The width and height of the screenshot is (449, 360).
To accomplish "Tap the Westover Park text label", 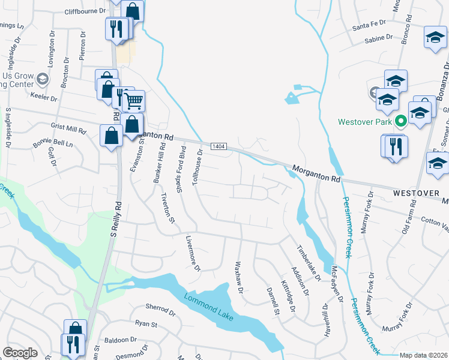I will (x=364, y=121).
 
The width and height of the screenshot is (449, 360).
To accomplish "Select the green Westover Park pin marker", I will (x=402, y=122).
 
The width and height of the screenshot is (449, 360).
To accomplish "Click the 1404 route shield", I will (x=218, y=146).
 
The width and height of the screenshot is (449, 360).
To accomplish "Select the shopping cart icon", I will (x=134, y=100).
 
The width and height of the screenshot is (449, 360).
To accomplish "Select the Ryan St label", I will (x=146, y=324).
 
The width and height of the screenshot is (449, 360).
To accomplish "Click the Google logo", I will (x=20, y=353).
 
